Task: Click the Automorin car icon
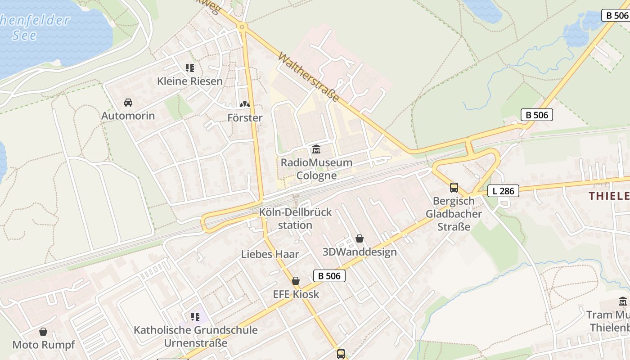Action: point(128,103)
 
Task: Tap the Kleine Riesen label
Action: point(190,81)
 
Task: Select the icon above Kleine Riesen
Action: point(190,68)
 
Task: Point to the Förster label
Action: point(245,118)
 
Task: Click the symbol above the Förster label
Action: point(245,104)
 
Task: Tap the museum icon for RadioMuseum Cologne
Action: point(316,149)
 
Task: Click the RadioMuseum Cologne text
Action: point(316,169)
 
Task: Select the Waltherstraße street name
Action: point(309,77)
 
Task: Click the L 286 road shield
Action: point(503,191)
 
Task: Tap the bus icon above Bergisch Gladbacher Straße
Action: point(454,188)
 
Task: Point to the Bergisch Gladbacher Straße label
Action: point(454,214)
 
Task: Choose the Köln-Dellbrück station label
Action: point(295,218)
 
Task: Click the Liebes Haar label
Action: point(270,254)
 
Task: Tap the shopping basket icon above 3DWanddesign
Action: point(359,238)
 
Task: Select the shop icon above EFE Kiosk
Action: point(296,281)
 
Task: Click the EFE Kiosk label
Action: point(296,294)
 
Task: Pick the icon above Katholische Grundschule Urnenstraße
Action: point(195,317)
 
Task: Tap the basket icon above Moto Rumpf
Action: point(43,332)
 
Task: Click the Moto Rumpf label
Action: point(43,345)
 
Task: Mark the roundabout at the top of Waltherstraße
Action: point(243,27)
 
